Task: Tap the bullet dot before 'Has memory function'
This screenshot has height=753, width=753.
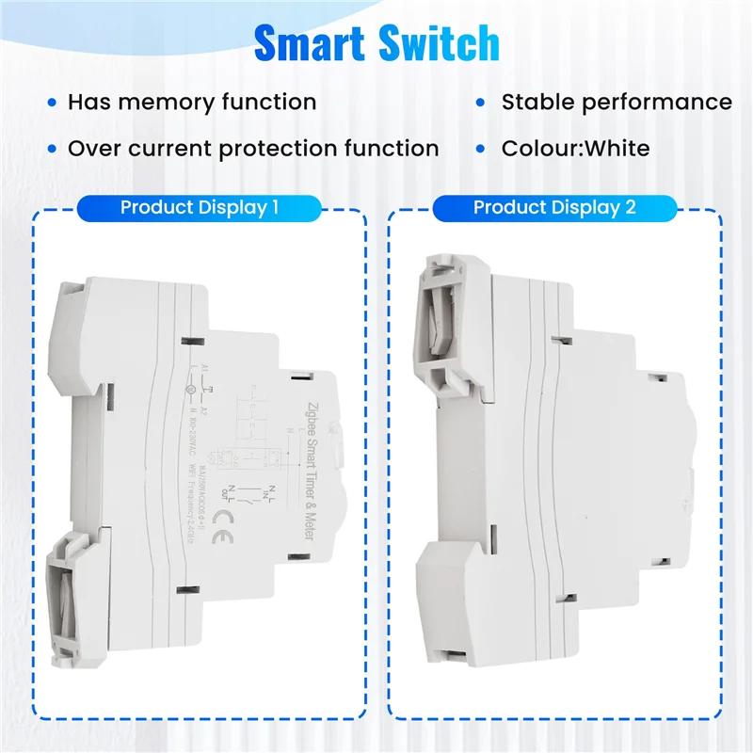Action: coord(52,103)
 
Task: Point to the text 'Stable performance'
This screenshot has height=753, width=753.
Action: coord(616,102)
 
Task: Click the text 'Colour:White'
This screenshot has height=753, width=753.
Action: coord(575,149)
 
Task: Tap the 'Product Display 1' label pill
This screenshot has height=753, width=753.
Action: coord(200,208)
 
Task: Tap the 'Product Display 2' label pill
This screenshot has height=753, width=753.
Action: coord(553,208)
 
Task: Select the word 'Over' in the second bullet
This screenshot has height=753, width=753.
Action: coord(91,149)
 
